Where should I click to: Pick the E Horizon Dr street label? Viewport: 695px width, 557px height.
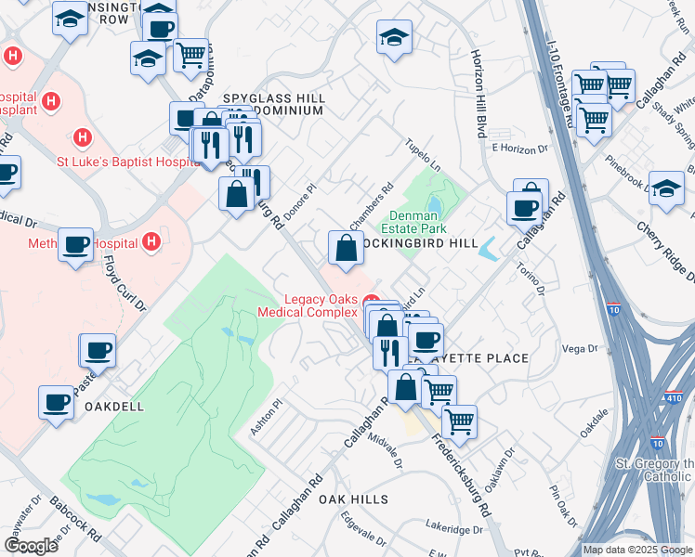tap(519, 148)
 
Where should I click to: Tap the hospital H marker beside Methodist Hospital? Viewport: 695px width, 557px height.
tap(151, 244)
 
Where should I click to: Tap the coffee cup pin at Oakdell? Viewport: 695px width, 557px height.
tap(57, 402)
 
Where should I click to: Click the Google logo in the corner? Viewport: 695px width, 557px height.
tap(31, 545)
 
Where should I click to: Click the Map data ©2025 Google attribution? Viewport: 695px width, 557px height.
tap(636, 550)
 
